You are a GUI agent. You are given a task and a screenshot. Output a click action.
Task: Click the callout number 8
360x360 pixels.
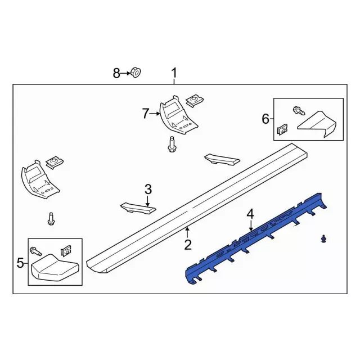(116, 74)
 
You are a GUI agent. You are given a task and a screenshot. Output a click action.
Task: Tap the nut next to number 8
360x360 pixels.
(136, 73)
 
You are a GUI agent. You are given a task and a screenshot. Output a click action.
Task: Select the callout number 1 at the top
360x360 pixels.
(174, 73)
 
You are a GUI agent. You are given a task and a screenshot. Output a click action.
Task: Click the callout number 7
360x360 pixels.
(145, 114)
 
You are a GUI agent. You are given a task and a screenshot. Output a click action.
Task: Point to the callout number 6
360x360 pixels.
(265, 119)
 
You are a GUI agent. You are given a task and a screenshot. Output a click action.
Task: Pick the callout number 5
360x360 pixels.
(20, 263)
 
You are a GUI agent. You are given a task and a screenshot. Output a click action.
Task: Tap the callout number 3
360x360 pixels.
(148, 190)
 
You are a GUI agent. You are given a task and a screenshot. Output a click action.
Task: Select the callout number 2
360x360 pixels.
(188, 245)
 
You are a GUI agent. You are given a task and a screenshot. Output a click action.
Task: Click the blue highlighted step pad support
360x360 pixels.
(256, 238)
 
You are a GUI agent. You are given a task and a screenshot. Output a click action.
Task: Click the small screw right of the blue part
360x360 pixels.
(324, 238)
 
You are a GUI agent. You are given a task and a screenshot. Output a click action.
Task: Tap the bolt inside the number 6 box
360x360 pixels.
(299, 110)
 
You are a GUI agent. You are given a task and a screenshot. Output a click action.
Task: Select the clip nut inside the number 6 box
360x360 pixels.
(282, 130)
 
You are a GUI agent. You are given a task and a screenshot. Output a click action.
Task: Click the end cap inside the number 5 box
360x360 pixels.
(55, 267)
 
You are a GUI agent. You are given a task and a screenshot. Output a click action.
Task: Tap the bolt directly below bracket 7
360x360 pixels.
(171, 144)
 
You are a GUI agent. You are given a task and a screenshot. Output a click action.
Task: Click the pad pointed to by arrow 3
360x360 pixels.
(138, 208)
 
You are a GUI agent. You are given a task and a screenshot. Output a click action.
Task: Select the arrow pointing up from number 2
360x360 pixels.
(188, 232)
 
